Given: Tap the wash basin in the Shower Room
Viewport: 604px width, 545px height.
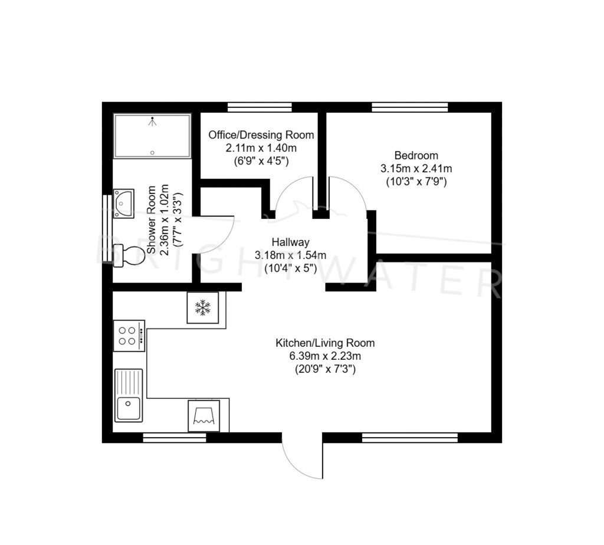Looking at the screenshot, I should [x=124, y=203].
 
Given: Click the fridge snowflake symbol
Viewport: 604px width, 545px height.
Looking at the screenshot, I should [x=203, y=307].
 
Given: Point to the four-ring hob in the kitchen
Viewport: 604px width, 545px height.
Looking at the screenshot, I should [x=129, y=336].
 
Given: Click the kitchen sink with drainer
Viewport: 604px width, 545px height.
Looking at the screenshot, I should [x=129, y=395].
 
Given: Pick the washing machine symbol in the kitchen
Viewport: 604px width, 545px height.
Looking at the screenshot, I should [x=203, y=416].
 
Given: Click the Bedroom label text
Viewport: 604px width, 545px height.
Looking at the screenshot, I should [x=416, y=156].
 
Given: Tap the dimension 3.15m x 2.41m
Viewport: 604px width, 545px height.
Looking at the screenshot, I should [x=416, y=169].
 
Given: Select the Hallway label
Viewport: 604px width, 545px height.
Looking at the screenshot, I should [x=290, y=242].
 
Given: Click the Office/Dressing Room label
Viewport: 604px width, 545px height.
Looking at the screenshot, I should [x=261, y=135].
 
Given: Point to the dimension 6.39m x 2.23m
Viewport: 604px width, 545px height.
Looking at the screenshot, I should [x=324, y=356].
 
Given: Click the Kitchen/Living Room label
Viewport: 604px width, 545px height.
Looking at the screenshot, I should [x=325, y=343].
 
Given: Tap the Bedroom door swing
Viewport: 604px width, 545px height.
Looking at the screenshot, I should [x=348, y=195].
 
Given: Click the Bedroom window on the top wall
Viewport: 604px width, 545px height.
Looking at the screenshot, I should [x=409, y=107].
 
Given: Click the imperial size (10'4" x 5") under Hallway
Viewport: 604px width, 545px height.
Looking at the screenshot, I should [x=290, y=268].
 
